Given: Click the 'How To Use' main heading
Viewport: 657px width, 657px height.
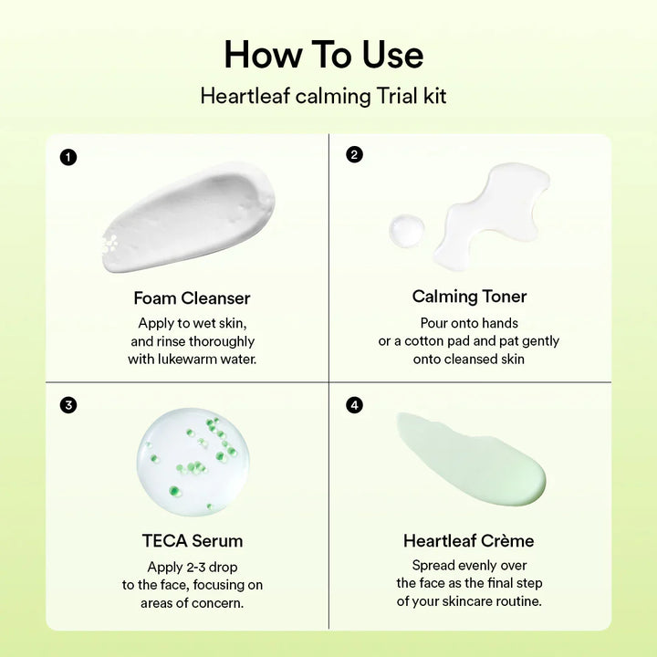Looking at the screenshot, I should tap(324, 55).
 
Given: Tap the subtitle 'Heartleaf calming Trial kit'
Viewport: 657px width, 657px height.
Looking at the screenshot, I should tap(324, 96).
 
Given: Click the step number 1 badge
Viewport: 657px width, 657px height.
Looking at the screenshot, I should tap(68, 157).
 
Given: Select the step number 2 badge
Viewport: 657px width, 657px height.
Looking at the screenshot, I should tap(354, 154).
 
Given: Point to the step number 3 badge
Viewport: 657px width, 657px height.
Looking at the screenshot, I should tap(68, 404).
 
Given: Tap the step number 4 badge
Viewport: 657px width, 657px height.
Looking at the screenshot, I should tap(354, 404).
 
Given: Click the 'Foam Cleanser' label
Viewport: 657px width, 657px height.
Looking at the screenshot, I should tap(192, 297).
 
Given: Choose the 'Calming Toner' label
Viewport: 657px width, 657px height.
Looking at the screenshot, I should tap(469, 296).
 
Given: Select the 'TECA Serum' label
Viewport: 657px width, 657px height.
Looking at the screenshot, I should tap(192, 540).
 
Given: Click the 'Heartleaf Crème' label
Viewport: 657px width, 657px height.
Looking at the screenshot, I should tap(469, 540).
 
